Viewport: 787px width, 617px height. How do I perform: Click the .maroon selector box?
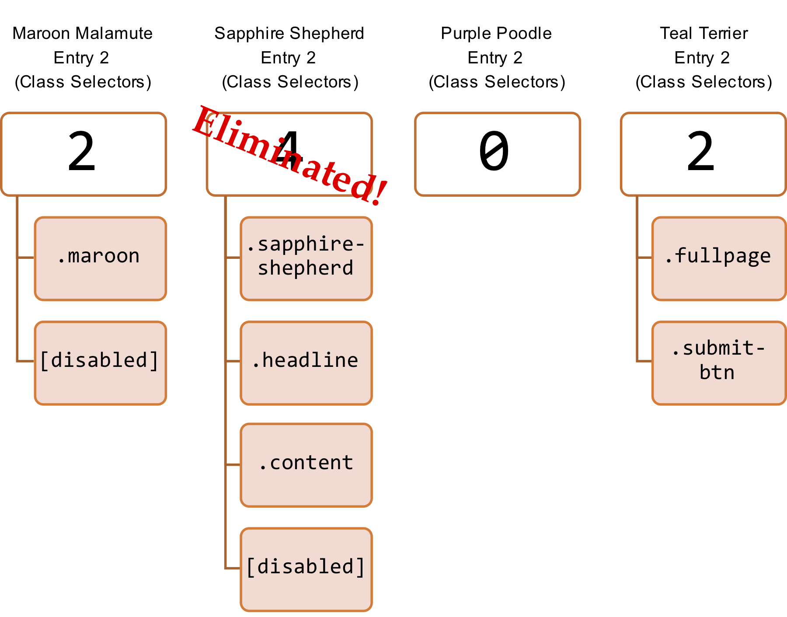coord(100,258)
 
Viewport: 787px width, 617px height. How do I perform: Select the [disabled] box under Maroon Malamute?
coord(100,363)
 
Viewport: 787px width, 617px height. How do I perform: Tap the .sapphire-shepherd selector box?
coord(306,258)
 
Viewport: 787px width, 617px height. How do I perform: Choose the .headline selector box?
coord(306,363)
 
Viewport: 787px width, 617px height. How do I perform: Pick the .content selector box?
coord(306,465)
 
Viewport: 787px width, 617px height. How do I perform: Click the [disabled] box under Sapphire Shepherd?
coord(306,569)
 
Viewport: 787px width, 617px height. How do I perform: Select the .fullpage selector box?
coord(718,258)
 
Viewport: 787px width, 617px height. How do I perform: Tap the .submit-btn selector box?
coord(718,363)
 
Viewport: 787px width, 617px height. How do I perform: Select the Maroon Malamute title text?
coord(83,33)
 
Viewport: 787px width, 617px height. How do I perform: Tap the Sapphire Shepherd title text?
coord(289,33)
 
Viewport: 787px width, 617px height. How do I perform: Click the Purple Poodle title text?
coord(496,33)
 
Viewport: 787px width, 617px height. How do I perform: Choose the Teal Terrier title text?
coord(703,33)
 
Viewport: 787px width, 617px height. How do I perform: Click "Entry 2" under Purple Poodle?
coord(495,58)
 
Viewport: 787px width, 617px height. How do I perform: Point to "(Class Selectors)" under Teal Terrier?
coord(703,82)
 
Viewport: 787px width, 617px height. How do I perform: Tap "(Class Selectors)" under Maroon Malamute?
coord(83,82)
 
